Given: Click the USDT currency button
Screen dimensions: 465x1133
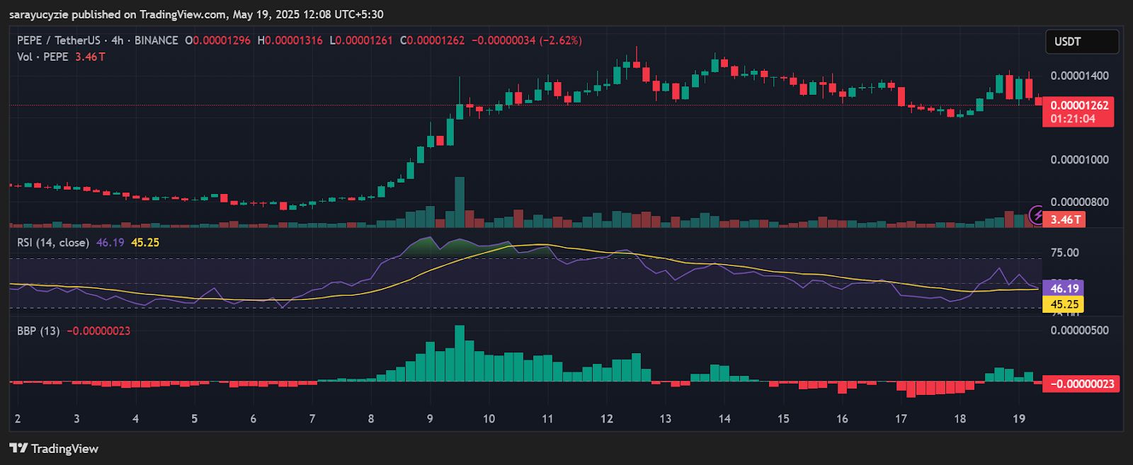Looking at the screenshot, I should pos(1081,42).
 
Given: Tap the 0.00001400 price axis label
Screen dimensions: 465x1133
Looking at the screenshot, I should pos(1079,76).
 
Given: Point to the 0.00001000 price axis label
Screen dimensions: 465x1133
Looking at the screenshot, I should pos(1079,160).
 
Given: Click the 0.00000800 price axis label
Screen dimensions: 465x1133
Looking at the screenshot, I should pos(1079,202).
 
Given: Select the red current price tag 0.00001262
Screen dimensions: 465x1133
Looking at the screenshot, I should pos(1078,105).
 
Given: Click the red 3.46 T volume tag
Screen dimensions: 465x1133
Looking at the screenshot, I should pos(1064,219).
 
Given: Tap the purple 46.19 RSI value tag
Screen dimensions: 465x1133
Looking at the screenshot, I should pos(1064,288).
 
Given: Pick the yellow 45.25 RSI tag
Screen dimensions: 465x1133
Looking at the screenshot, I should pos(1064,304).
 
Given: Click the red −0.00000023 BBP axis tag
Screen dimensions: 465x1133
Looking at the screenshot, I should pos(1081,384).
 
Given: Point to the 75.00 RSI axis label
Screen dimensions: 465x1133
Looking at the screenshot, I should pos(1065,253).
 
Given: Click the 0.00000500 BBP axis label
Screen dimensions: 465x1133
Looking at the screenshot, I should pos(1079,331).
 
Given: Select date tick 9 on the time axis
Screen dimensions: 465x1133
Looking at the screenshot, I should pos(430,419).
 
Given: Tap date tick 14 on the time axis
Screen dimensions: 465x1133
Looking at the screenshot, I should pos(724,419).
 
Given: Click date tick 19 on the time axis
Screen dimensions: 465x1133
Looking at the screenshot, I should pos(1018,419).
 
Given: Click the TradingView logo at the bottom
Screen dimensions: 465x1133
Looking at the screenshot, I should pos(54,449).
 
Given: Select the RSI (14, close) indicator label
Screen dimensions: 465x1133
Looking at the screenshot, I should pos(53,243).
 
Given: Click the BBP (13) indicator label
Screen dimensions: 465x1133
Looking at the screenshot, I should pos(38,331).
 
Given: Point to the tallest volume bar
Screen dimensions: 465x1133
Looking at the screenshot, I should pos(460,202).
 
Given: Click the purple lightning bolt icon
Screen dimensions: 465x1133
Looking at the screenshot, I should pos(1036,214).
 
